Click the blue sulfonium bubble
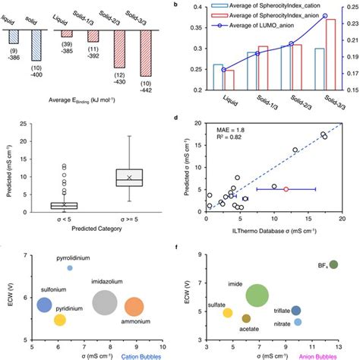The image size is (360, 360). coord(45,305)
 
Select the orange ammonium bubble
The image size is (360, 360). coord(134,307)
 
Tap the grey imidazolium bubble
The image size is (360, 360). coord(105,303)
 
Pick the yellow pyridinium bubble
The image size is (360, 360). coord(60,321)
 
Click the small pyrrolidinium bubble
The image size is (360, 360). coord(70,268)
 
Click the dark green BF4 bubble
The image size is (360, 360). coord(333,265)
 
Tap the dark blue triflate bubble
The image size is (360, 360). coord(296,311)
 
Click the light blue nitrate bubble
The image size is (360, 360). coord(298,322)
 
